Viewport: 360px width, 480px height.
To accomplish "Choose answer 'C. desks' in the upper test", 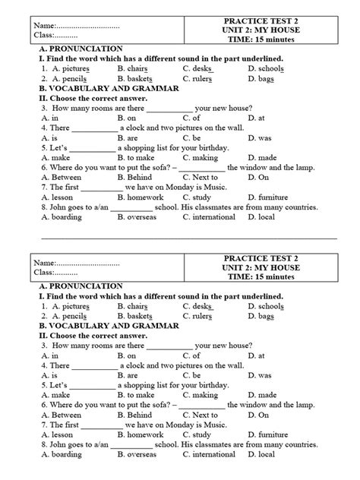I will pyautogui.click(x=198, y=68).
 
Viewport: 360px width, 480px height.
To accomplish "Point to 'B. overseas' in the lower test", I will pyautogui.click(x=141, y=454).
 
